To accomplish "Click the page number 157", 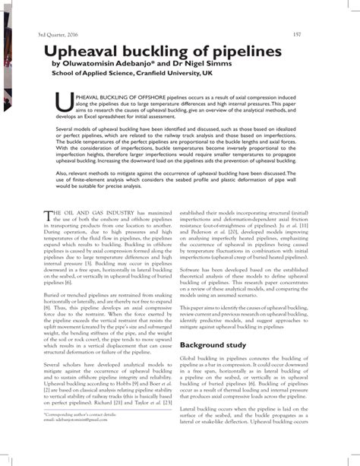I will coord(318,34).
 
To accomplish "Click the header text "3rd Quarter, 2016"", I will coord(36,34).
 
